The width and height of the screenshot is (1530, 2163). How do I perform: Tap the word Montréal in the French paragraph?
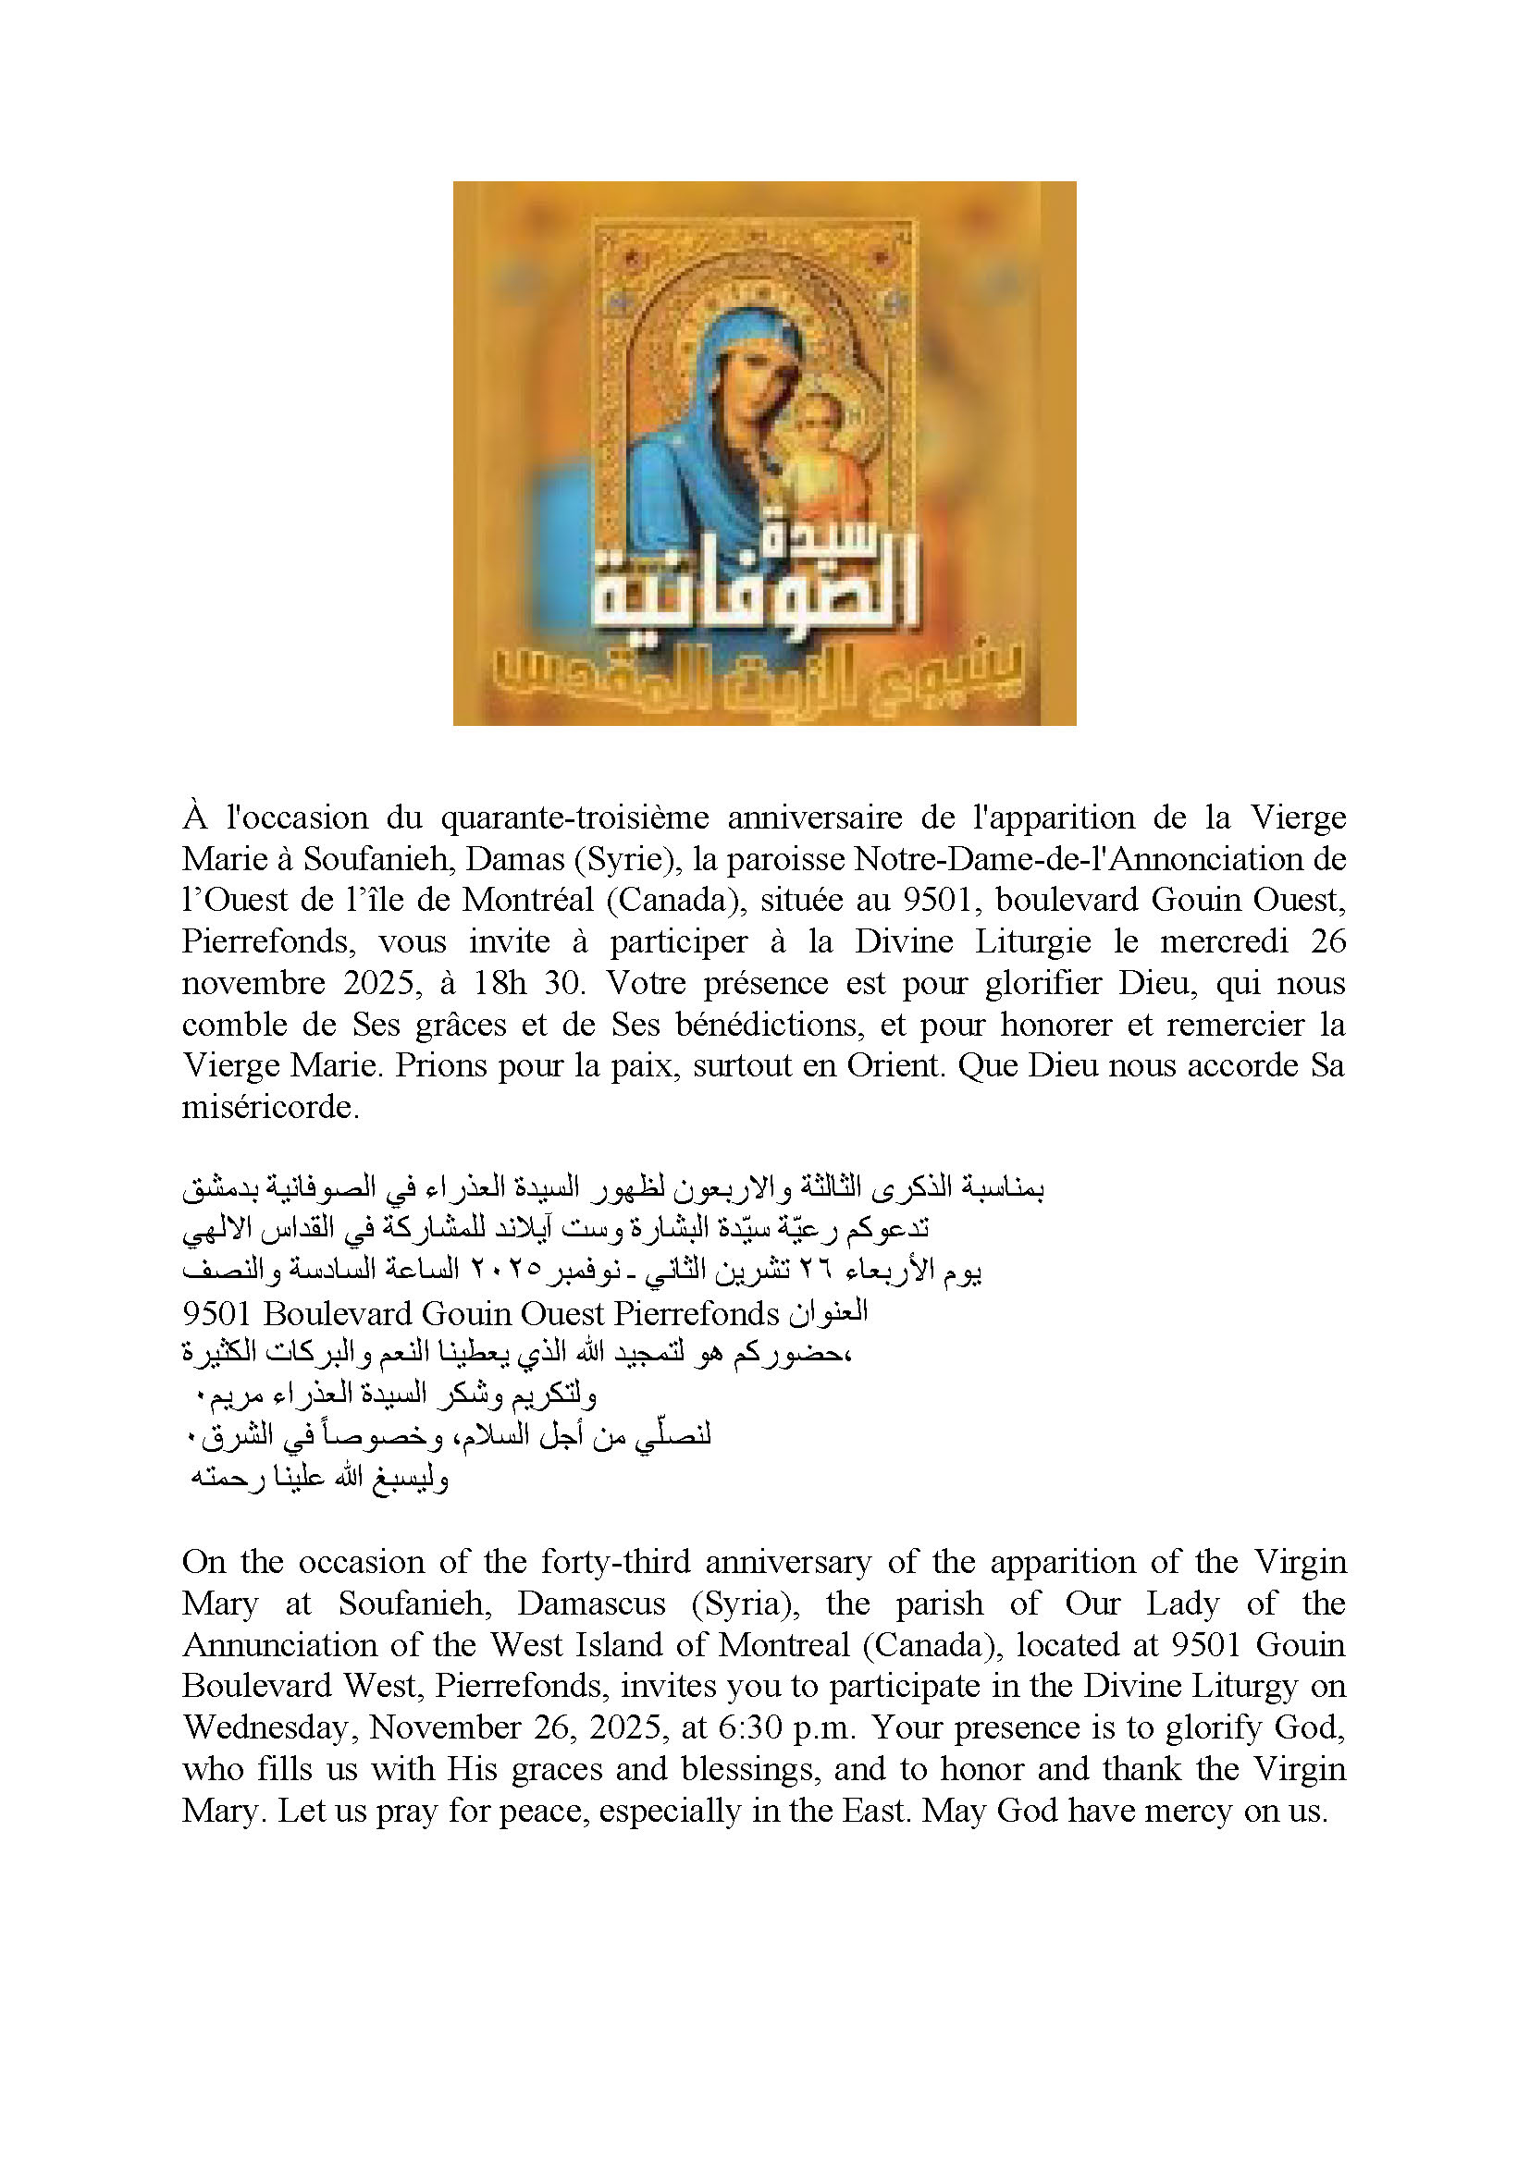tap(527, 901)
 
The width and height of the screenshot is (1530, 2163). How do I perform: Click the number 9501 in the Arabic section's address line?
tap(216, 1314)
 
